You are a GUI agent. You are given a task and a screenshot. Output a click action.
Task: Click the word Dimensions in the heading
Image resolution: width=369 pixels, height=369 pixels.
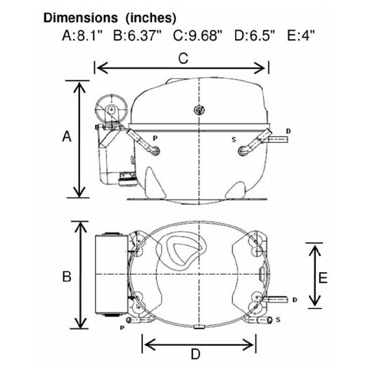81,18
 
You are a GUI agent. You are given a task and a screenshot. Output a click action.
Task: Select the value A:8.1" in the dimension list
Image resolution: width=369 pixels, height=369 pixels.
82,36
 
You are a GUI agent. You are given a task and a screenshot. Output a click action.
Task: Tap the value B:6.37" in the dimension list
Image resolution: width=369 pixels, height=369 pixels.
137,36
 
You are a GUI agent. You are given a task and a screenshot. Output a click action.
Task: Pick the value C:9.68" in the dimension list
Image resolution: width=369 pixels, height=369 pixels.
198,36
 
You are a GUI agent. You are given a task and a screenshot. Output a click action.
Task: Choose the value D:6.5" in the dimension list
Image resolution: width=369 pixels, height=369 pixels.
255,36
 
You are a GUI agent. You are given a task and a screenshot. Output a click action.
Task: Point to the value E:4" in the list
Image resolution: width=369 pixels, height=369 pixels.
301,36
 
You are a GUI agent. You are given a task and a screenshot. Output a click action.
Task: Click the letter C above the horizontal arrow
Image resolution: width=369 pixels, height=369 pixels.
183,58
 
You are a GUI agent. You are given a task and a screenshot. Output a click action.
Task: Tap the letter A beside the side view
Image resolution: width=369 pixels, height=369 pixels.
67,137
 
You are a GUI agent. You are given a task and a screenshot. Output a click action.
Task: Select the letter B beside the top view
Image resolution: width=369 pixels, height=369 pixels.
67,276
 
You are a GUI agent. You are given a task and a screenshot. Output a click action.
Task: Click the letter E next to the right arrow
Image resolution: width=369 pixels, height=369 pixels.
323,278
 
